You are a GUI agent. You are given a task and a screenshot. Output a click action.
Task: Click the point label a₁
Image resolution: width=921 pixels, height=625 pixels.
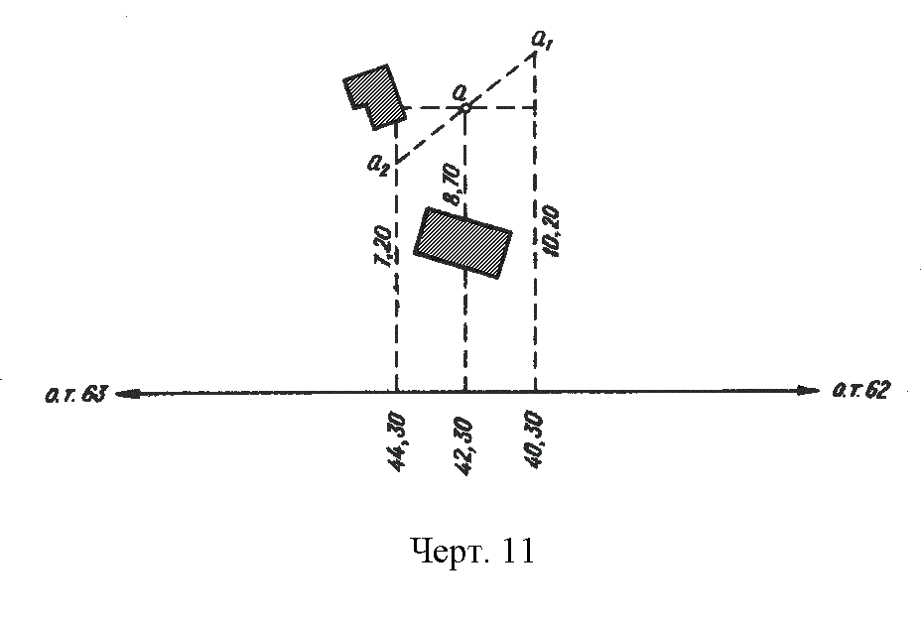click(542, 41)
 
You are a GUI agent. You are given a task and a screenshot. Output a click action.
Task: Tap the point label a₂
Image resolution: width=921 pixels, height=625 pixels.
click(378, 164)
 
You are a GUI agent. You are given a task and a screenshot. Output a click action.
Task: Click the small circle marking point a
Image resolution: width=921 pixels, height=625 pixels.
click(464, 107)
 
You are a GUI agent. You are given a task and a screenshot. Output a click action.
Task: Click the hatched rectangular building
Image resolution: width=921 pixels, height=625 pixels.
click(462, 243)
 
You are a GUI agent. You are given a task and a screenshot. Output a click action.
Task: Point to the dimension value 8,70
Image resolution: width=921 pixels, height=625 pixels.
click(453, 185)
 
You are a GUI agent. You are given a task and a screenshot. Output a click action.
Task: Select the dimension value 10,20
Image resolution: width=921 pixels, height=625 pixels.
click(552, 231)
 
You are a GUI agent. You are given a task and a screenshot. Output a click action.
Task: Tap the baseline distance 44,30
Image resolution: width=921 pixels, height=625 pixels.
click(397, 441)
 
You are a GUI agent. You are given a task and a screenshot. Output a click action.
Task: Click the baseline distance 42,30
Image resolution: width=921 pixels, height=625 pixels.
click(464, 445)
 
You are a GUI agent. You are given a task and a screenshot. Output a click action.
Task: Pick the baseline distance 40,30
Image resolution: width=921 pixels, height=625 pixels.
click(536, 439)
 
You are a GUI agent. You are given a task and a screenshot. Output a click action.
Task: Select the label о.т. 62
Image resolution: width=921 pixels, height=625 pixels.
click(861, 390)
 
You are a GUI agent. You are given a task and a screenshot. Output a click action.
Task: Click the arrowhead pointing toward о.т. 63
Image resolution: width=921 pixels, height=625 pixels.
click(126, 394)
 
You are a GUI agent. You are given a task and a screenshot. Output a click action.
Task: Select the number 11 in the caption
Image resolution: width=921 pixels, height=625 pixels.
click(519, 551)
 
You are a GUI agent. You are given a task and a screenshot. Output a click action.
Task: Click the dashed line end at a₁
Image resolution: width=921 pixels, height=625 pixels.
click(535, 53)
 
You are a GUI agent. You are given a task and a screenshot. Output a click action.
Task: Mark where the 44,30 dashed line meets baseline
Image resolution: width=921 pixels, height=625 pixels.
click(397, 392)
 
